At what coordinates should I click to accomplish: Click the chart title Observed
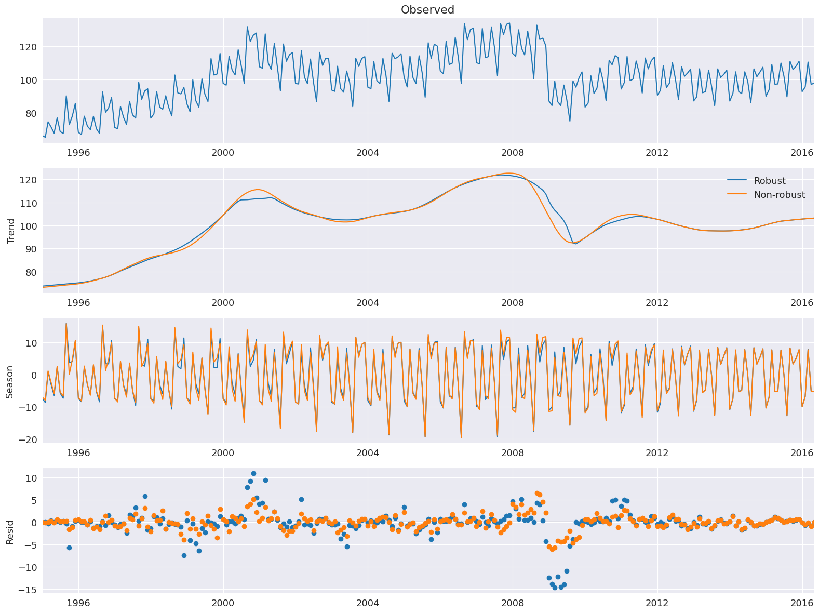pos(427,10)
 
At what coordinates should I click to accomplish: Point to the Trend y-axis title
pos(10,230)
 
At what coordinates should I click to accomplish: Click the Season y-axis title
pos(10,380)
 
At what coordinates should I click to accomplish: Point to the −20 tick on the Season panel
pos(27,439)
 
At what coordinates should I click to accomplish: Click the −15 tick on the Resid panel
pos(27,590)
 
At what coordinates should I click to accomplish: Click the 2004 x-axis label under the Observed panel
pos(368,152)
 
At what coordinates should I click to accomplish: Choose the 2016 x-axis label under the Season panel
pos(802,452)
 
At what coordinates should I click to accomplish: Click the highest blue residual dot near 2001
pos(253,473)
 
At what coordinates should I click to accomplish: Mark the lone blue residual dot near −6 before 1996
pos(69,548)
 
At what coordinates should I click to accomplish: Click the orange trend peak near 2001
pos(258,190)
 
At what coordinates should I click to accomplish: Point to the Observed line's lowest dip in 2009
pos(570,121)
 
